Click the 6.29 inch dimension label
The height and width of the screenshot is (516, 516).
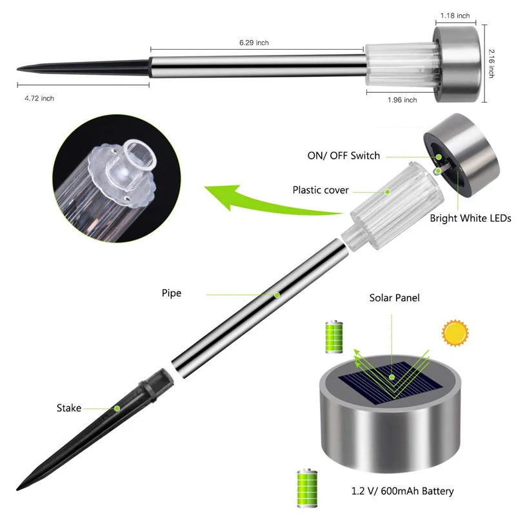(x=253, y=43)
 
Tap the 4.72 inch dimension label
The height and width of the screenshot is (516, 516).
(x=39, y=98)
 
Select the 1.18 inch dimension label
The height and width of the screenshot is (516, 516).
(x=455, y=15)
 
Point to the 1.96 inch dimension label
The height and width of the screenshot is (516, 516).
(x=402, y=100)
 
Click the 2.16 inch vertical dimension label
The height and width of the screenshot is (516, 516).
(x=491, y=64)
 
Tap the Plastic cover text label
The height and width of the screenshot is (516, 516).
(x=321, y=190)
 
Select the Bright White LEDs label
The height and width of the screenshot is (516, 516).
(x=470, y=219)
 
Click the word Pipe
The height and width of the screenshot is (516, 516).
(x=172, y=293)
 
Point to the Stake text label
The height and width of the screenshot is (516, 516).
(x=69, y=408)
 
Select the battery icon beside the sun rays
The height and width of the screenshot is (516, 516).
(x=333, y=337)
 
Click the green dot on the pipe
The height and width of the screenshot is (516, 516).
(x=277, y=295)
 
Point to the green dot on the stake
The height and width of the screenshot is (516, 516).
(x=117, y=408)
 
